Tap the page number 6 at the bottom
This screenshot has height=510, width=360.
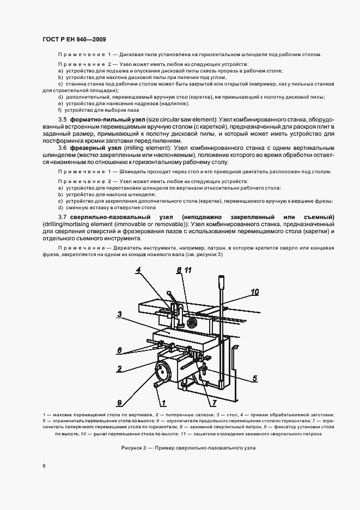tap(45, 465)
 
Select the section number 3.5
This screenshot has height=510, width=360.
tap(62, 119)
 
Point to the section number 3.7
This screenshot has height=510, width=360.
tap(62, 217)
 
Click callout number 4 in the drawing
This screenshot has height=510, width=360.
tap(138, 270)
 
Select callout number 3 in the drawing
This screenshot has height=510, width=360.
tap(118, 314)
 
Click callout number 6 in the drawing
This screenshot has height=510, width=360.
tap(119, 350)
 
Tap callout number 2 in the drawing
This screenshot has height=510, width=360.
tap(118, 369)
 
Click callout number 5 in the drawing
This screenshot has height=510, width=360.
tap(254, 378)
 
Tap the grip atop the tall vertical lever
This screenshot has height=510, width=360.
tap(222, 283)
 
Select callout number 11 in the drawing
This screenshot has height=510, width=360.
tap(188, 270)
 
